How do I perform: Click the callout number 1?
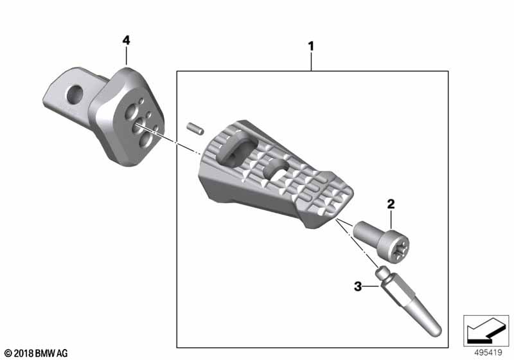pyautogui.click(x=311, y=46)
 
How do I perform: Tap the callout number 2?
pyautogui.click(x=390, y=205)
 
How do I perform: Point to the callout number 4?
pyautogui.click(x=126, y=40)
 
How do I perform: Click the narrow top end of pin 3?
pyautogui.click(x=384, y=273)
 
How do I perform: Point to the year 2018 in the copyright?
pyautogui.click(x=21, y=353)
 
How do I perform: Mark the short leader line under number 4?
pyautogui.click(x=127, y=56)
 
